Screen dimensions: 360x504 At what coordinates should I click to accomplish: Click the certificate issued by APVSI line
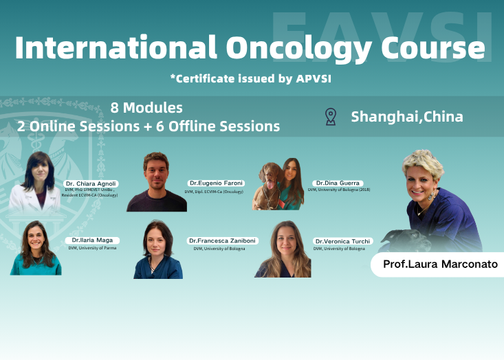pyautogui.click(x=251, y=78)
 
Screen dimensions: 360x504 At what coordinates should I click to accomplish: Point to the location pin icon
pyautogui.click(x=331, y=116)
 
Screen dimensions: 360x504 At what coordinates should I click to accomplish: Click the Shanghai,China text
pyautogui.click(x=407, y=116)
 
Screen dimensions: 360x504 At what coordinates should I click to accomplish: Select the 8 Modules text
pyautogui.click(x=146, y=108)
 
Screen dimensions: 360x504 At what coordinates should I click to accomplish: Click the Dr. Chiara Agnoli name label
pyautogui.click(x=91, y=183)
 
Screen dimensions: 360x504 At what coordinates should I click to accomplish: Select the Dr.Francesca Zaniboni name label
pyautogui.click(x=223, y=241)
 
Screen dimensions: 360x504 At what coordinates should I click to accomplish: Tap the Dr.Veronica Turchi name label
pyautogui.click(x=343, y=241)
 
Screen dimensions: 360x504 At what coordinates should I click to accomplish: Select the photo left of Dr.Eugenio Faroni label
pyautogui.click(x=156, y=182)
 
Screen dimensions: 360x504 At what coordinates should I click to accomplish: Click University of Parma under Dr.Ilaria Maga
pyautogui.click(x=92, y=248)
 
